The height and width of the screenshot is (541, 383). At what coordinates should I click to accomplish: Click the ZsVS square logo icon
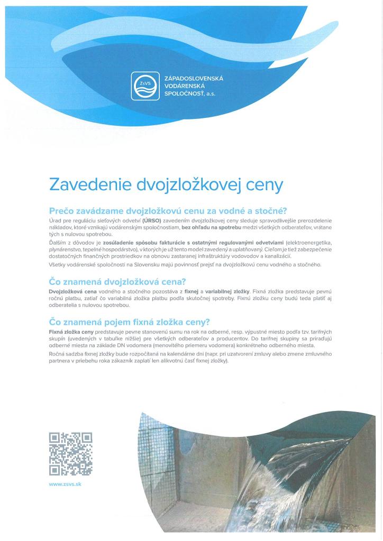click(x=145, y=86)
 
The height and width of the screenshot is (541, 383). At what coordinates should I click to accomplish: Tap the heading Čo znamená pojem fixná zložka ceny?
click(x=130, y=322)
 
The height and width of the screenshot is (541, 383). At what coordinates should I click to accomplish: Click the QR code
click(x=70, y=454)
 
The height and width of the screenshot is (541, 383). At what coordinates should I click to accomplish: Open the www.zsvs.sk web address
click(x=65, y=484)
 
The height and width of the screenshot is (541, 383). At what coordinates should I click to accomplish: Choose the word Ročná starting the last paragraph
click(x=58, y=353)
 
